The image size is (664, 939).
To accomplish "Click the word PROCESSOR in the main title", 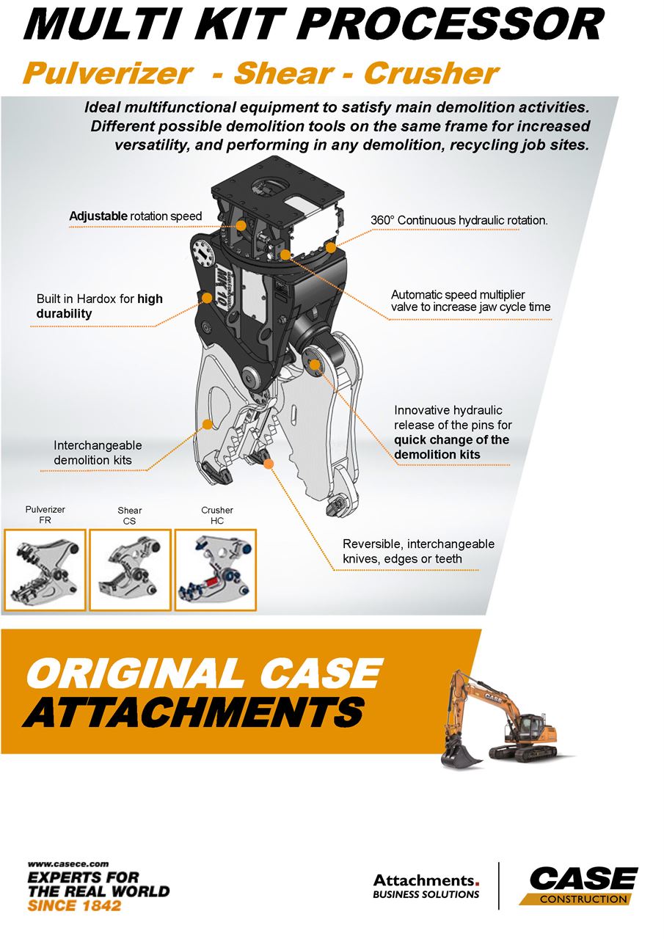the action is click(452, 25).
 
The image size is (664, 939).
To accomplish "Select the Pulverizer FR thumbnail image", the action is click(45, 570).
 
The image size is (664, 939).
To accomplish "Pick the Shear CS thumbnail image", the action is click(131, 570).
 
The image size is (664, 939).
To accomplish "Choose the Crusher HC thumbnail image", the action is click(216, 570).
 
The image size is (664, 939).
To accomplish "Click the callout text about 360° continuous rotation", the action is click(459, 221).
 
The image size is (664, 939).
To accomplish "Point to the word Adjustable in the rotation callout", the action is click(98, 216).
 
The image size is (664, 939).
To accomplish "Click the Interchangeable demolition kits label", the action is click(98, 453).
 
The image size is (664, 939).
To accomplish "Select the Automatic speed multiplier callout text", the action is click(471, 301).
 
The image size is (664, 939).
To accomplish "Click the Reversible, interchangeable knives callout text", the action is click(418, 551).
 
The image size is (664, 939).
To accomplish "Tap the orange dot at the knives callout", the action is click(269, 464).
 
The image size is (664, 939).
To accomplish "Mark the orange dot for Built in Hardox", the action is click(207, 298).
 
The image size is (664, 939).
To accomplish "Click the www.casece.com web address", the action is click(68, 863).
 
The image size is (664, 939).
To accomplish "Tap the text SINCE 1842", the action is click(74, 905).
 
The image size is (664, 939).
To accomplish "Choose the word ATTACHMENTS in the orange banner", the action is click(194, 712).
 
